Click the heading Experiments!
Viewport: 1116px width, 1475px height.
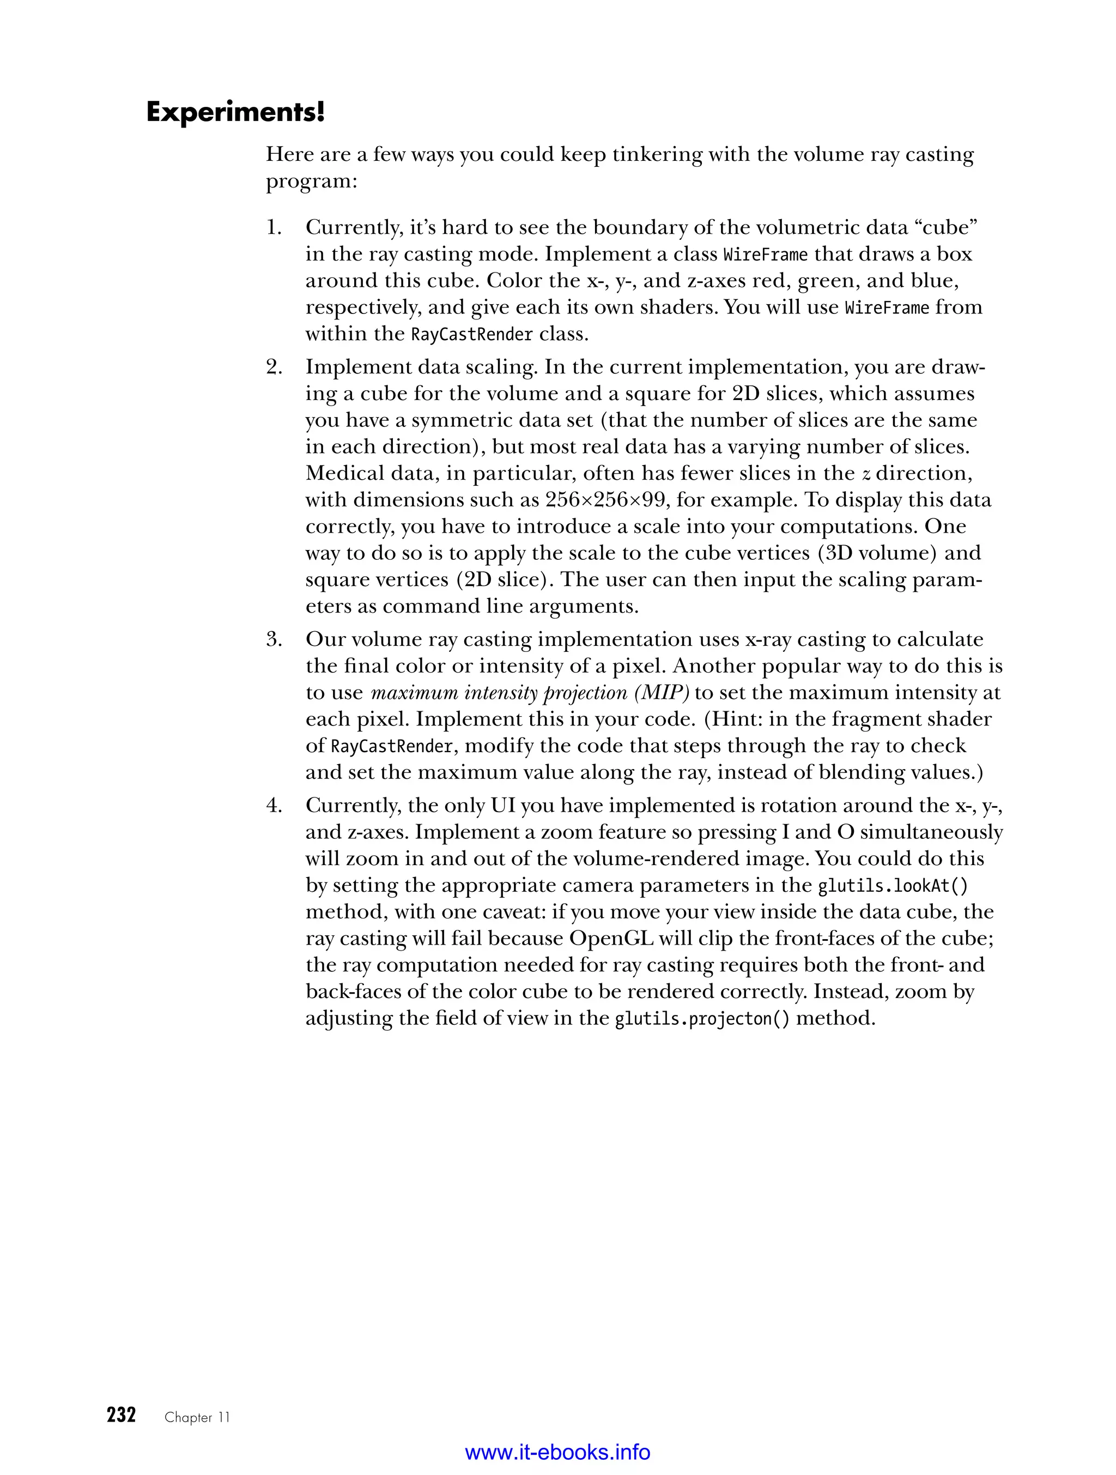(x=235, y=112)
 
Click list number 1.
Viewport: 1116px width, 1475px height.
(x=274, y=228)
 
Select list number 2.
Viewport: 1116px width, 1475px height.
(x=274, y=367)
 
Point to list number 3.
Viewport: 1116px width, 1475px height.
(x=274, y=640)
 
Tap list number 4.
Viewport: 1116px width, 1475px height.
(x=274, y=806)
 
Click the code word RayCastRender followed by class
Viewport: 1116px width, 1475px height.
(x=471, y=335)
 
